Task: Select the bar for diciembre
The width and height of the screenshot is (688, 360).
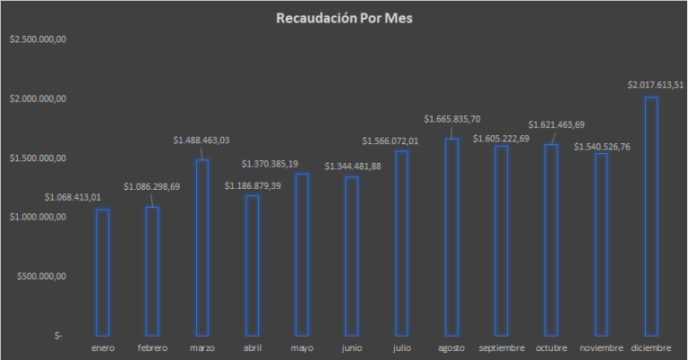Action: point(651,215)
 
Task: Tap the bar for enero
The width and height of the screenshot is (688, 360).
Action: point(102,271)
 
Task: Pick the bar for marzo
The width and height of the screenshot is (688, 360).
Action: point(202,246)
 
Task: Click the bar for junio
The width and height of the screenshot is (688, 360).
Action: point(352,255)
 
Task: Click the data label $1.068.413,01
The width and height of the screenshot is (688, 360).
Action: point(73,197)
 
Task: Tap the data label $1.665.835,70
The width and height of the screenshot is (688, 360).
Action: point(452,118)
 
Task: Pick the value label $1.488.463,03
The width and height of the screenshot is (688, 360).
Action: point(202,140)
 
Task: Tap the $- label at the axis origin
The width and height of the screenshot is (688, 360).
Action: point(59,335)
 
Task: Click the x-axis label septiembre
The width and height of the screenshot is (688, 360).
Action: point(502,347)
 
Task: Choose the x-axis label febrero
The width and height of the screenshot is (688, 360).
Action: point(152,347)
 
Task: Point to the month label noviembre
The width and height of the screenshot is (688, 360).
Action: point(601,347)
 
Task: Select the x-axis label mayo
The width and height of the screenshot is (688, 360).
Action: point(302,347)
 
